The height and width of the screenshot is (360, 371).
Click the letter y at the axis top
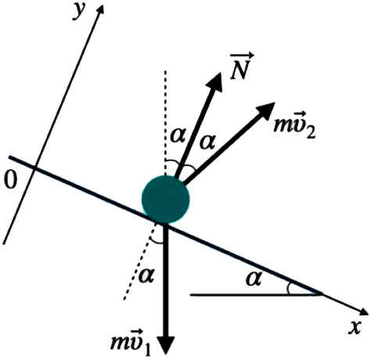(x=80, y=12)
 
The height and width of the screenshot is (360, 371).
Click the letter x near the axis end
(x=355, y=326)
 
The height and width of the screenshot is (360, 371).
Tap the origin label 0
(x=10, y=181)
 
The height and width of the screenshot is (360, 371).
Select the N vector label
(x=241, y=67)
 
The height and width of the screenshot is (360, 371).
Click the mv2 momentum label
(x=295, y=126)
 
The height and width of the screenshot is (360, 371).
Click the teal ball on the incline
(x=166, y=200)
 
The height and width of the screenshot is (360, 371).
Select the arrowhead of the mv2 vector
(x=265, y=110)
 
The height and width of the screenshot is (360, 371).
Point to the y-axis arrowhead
(x=100, y=9)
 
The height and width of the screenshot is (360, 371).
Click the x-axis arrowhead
(x=363, y=311)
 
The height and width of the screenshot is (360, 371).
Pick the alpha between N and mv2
(x=207, y=142)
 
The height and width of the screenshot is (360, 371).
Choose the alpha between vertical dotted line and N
(x=178, y=135)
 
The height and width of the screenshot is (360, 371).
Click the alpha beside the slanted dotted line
(x=147, y=276)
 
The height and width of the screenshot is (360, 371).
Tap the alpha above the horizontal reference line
(x=254, y=279)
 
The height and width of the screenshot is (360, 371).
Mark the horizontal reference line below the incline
(x=256, y=295)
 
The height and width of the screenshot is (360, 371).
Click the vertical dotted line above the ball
(x=165, y=123)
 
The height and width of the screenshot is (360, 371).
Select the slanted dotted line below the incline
(x=141, y=261)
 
